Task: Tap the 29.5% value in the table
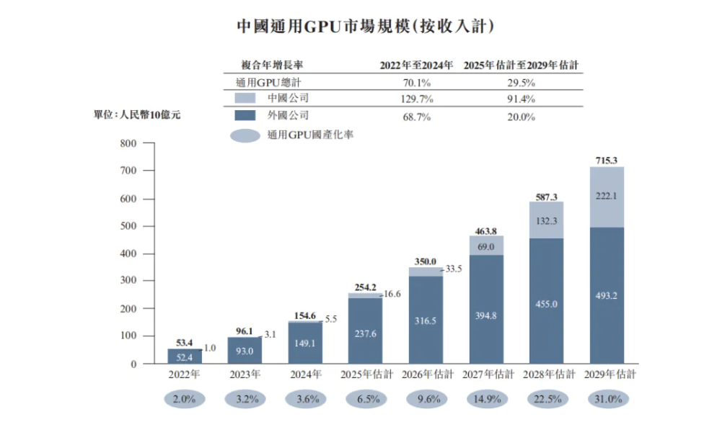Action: [521, 82]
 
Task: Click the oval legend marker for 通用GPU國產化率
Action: [245, 135]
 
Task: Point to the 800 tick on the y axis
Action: [128, 143]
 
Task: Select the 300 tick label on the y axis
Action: [128, 281]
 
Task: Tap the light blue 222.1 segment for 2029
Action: [607, 197]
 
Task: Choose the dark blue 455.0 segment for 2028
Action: [546, 302]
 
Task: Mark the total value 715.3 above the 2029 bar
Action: [607, 161]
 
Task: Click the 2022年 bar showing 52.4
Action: [185, 356]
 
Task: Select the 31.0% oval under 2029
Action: [607, 399]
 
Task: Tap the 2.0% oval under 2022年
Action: [185, 399]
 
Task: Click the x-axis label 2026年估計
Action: [426, 374]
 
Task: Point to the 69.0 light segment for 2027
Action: [486, 246]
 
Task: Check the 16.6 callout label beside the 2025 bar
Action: [392, 295]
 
